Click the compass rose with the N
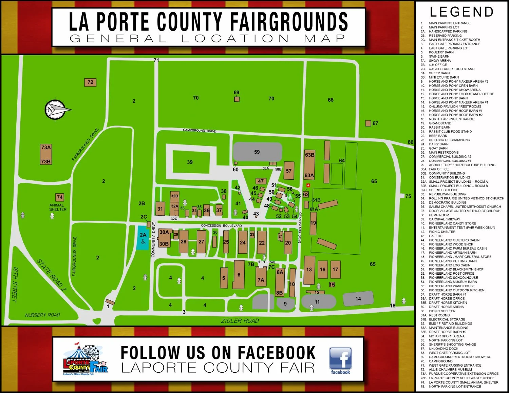[56, 109]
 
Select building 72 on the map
[90, 82]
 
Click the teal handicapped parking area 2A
[143, 238]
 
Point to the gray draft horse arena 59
[257, 152]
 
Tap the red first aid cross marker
[308, 185]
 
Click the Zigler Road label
[240, 320]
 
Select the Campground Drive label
[199, 130]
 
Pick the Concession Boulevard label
[221, 225]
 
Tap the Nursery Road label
[42, 315]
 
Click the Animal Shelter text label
[58, 207]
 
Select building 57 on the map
[289, 171]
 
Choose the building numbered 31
[160, 209]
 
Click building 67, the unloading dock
[368, 123]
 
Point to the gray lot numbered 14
[358, 299]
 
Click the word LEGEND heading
[461, 12]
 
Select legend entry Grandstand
[440, 123]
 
